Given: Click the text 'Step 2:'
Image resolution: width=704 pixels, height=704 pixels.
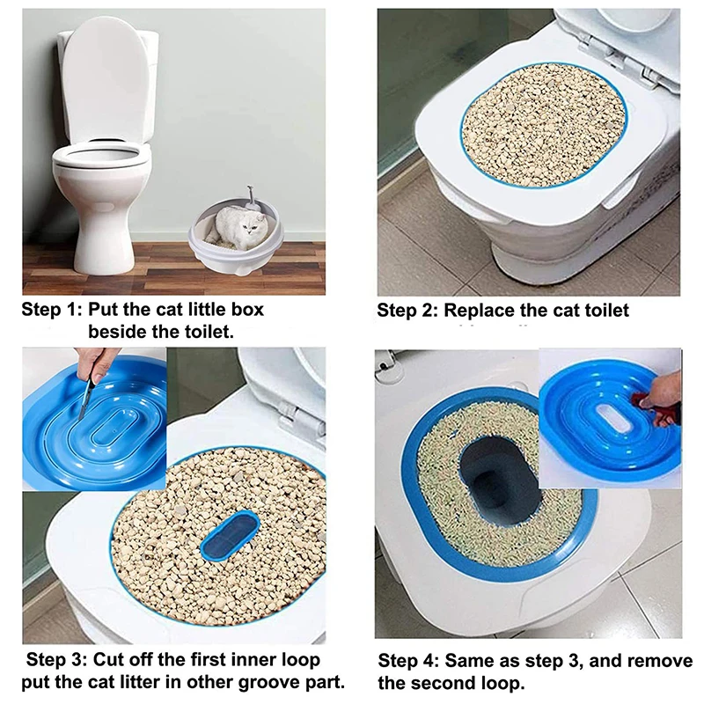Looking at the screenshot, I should pyautogui.click(x=407, y=311).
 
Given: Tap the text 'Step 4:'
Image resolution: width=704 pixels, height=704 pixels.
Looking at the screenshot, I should pyautogui.click(x=408, y=661).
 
